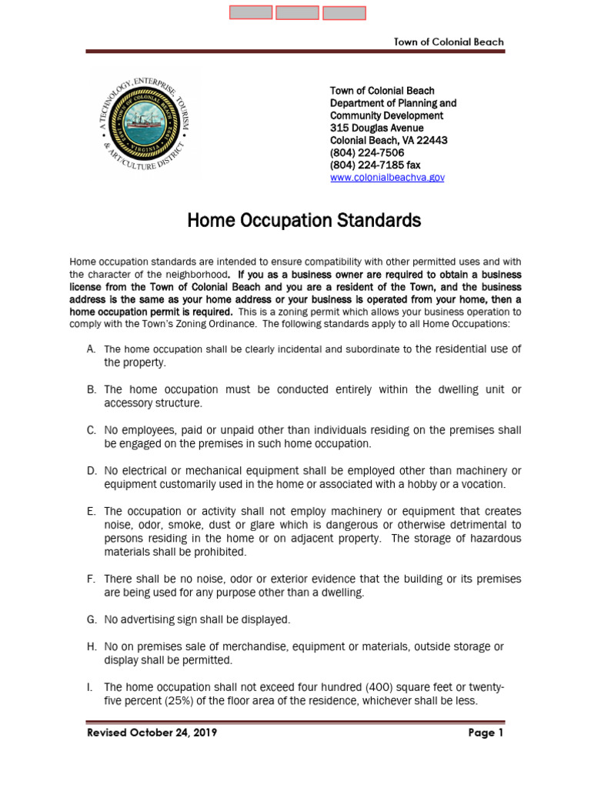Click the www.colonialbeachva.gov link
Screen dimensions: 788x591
point(387,178)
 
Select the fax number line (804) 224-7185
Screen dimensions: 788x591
point(375,165)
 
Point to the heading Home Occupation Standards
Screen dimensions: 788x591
point(304,222)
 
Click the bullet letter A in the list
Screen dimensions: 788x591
point(91,349)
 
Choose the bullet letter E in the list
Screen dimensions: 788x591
point(91,511)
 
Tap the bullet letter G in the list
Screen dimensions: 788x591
point(91,619)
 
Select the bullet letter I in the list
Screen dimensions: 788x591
point(90,687)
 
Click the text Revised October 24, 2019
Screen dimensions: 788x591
point(151,733)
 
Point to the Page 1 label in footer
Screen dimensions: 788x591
point(486,733)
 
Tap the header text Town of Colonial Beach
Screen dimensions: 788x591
point(449,42)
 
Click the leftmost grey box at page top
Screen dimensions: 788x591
point(251,12)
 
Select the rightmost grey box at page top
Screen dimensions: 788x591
point(344,12)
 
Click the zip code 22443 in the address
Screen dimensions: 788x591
point(432,141)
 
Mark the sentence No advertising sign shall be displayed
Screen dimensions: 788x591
point(197,619)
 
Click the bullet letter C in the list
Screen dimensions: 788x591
point(91,430)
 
